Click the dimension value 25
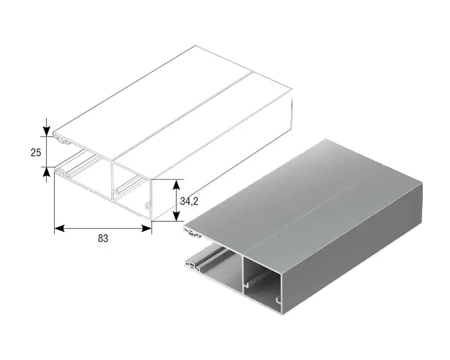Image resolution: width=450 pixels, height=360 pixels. tap(36, 153)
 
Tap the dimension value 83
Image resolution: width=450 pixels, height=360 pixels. tap(103, 238)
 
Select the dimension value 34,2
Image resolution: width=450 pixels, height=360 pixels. tap(189, 202)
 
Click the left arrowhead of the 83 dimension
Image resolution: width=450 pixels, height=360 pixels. tap(59, 228)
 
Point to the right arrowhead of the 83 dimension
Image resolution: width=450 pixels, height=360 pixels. tap(147, 228)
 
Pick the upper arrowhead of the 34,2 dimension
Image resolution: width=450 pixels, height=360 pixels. tap(176, 184)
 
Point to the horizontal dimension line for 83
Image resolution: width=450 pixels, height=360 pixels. tap(103, 228)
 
